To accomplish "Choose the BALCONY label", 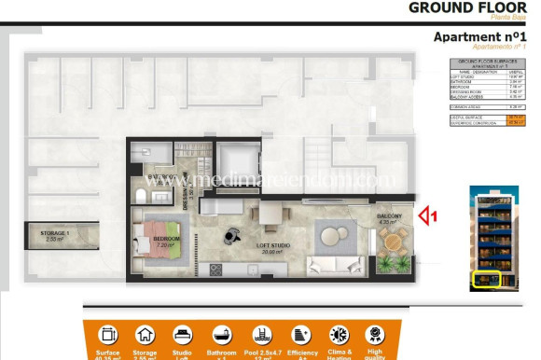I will click(389, 218).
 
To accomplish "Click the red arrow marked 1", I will click(427, 217).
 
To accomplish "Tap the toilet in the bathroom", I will click(140, 196).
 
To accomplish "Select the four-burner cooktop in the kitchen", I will click(215, 270).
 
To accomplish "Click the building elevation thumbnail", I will click(492, 237).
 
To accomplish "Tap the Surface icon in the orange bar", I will click(107, 334).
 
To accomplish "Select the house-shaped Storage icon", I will click(146, 334).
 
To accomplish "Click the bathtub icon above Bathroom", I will click(222, 334).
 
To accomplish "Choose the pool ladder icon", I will click(261, 334).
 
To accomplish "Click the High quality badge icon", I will click(374, 334).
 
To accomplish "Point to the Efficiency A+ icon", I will click(299, 334).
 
